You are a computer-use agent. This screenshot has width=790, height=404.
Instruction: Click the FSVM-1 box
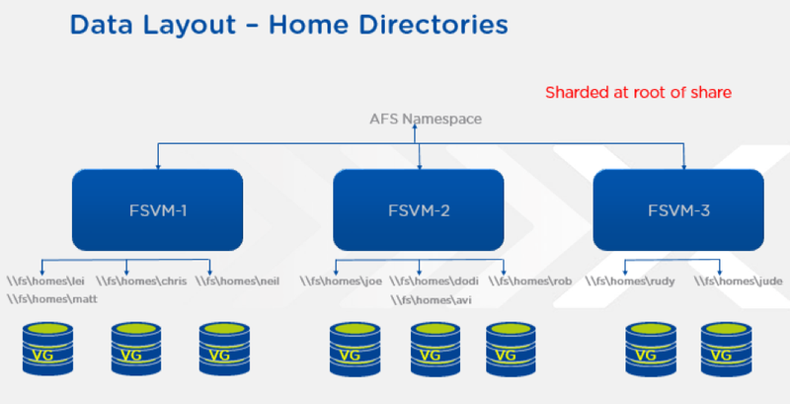[158, 210]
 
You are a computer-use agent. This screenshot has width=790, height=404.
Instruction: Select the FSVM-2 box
[419, 210]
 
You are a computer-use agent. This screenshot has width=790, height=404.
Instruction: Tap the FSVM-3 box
[678, 210]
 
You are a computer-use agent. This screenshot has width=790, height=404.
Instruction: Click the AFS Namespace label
[426, 119]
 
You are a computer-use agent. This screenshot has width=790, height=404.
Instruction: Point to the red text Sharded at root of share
[638, 92]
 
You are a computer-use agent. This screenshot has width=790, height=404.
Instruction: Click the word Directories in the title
[388, 25]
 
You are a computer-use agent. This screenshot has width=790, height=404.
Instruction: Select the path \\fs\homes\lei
[45, 282]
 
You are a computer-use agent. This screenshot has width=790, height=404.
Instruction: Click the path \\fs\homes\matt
[52, 299]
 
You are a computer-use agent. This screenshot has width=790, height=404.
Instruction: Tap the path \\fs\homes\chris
[141, 282]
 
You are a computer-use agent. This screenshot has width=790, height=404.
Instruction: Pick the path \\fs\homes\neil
[237, 282]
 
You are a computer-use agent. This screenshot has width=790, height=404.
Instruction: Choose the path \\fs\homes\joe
[341, 282]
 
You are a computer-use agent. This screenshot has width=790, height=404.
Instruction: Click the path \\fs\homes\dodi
[434, 282]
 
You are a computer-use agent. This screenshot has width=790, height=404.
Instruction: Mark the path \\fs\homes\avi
[432, 300]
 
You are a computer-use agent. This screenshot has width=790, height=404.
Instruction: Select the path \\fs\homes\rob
[530, 282]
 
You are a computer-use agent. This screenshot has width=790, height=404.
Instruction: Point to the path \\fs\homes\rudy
[630, 282]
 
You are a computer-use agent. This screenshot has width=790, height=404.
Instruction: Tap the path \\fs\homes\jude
[739, 282]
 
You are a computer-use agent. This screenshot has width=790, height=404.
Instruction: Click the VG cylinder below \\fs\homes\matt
[47, 349]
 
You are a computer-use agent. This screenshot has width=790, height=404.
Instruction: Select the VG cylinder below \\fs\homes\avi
[435, 349]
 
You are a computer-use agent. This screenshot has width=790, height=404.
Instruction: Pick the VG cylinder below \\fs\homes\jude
[726, 349]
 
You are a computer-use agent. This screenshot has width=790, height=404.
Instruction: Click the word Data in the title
[104, 25]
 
